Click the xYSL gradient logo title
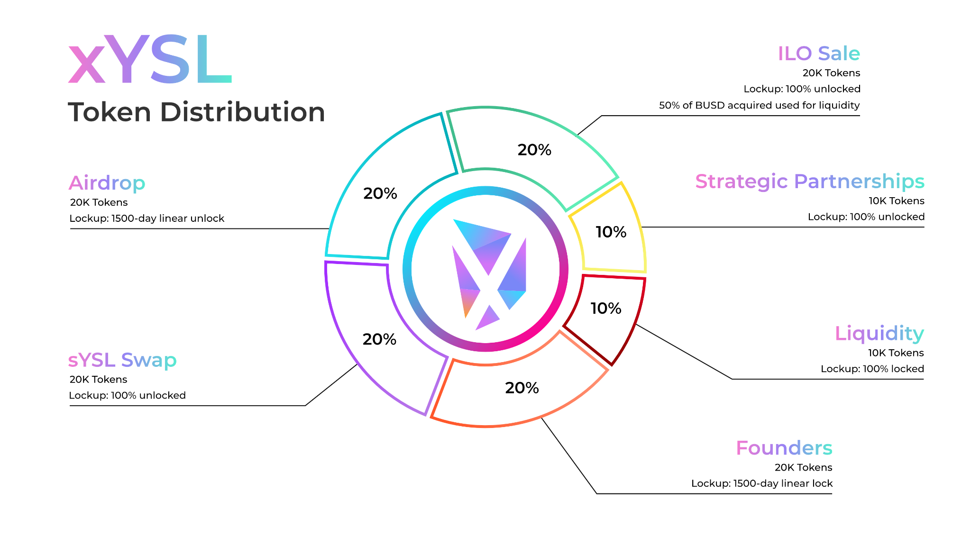tap(150, 59)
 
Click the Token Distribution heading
tap(196, 112)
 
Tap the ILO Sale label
tap(819, 54)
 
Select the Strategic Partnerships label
tap(810, 182)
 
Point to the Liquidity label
tap(879, 334)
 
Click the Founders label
tap(784, 448)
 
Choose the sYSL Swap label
tap(122, 360)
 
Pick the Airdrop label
tap(107, 183)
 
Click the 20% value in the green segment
tap(534, 150)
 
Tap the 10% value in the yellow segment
tap(611, 232)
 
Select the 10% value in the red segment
tap(605, 308)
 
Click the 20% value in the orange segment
tap(522, 388)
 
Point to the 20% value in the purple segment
tap(379, 339)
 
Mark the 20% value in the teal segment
tap(380, 193)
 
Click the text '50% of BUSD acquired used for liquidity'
tap(759, 105)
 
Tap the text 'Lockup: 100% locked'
tap(872, 369)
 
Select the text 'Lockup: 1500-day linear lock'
tap(761, 483)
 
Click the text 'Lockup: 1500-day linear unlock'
tap(147, 218)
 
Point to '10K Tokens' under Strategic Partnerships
tap(896, 201)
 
